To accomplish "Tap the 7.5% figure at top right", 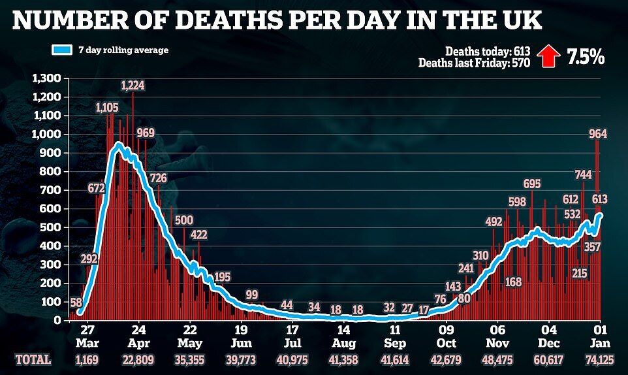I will coord(585,57).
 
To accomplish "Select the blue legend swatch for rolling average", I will coord(70,50).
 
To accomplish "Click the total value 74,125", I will coord(599,360).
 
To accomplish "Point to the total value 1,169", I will coord(88,360).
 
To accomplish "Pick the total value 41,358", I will coord(343,360).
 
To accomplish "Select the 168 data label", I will coord(514,282).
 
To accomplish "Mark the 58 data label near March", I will coord(76,302).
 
